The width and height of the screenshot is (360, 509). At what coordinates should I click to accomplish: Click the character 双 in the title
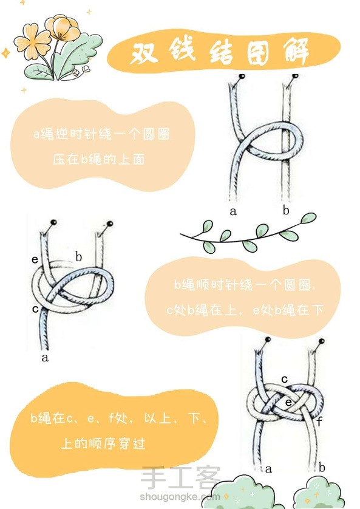144,53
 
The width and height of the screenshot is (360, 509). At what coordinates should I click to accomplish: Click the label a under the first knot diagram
233,211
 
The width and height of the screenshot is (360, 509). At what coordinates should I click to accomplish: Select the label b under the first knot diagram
286,210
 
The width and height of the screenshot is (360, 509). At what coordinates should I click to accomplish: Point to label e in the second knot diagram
35,259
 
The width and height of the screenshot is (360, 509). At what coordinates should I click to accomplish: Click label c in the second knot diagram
35,309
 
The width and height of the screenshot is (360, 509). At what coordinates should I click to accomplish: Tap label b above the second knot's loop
78,256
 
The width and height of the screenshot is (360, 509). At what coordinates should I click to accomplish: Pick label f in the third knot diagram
319,422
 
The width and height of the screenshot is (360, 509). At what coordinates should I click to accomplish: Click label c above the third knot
285,379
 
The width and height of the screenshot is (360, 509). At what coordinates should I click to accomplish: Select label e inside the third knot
288,403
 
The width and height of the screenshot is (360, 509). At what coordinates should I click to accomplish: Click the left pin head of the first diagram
242,77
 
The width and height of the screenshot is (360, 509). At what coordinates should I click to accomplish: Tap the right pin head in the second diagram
110,224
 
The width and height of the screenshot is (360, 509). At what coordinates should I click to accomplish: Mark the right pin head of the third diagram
322,341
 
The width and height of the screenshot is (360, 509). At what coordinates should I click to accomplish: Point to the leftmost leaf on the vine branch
207,227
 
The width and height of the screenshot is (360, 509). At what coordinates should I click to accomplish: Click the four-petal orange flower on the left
33,42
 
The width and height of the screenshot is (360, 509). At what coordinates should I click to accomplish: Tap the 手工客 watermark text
180,478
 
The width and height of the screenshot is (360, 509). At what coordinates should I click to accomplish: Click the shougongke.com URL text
180,497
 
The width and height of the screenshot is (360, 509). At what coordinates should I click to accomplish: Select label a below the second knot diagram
45,358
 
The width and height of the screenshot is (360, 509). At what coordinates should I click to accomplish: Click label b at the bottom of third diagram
321,467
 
